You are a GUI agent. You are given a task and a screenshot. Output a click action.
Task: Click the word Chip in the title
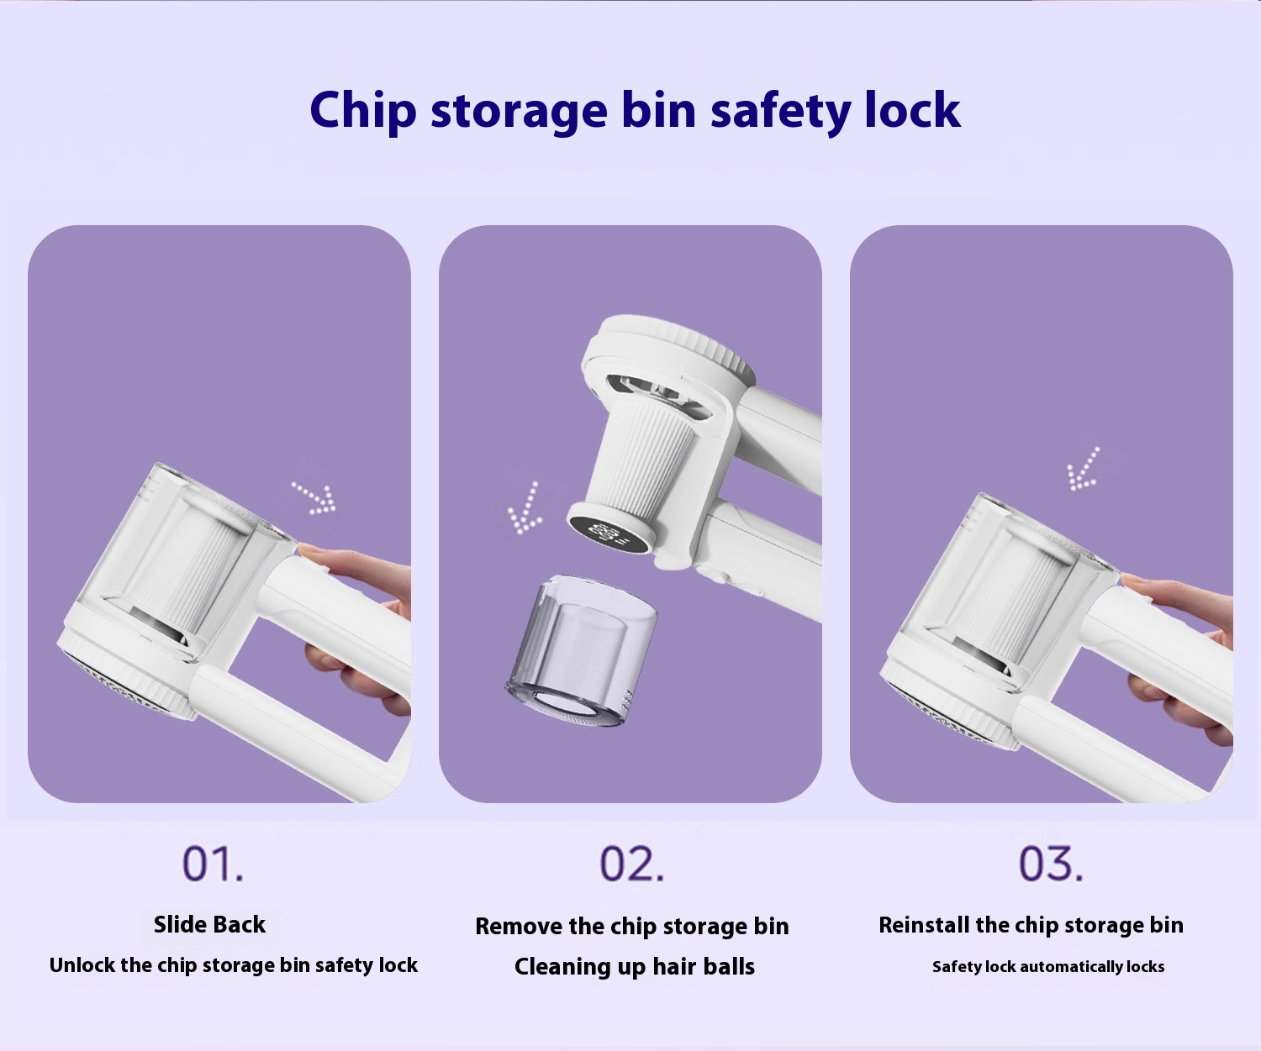(x=363, y=110)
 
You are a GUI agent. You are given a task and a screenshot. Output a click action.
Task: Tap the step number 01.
(x=213, y=864)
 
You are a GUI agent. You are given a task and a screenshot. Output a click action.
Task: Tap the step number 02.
(x=631, y=864)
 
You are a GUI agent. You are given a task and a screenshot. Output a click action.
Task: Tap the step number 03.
(x=1051, y=864)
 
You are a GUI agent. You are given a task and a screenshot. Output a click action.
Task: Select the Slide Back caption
(x=209, y=924)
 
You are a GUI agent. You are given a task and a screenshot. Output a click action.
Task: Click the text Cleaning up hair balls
(x=634, y=966)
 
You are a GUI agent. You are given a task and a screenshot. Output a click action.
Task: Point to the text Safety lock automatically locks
(x=1047, y=966)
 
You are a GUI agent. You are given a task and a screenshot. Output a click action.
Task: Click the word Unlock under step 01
(x=82, y=964)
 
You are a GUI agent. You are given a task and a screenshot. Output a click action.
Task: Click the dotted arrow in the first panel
(x=314, y=498)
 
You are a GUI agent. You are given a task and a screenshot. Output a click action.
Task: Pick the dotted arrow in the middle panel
(x=525, y=508)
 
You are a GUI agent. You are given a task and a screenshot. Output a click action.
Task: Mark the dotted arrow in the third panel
(x=1083, y=469)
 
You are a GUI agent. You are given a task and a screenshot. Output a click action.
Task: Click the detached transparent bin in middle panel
(x=581, y=651)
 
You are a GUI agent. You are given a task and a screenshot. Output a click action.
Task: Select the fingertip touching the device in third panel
(x=1131, y=581)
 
